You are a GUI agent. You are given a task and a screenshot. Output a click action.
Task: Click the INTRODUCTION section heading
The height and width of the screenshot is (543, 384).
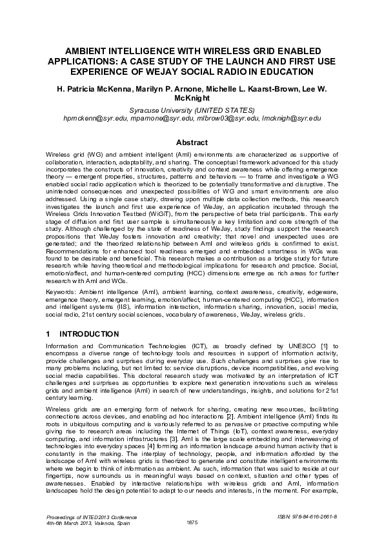(x=88, y=334)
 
